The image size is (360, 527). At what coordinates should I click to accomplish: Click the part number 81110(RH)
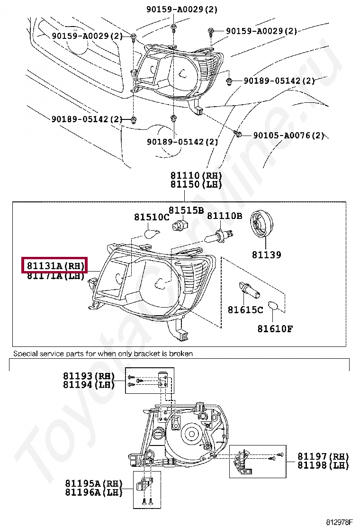(196, 176)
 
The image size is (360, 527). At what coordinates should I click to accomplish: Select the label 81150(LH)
(196, 185)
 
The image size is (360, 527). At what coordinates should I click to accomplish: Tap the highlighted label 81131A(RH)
(55, 265)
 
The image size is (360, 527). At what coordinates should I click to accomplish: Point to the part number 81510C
(151, 217)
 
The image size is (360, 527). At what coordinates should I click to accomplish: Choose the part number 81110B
(225, 216)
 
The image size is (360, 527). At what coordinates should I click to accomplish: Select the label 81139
(266, 255)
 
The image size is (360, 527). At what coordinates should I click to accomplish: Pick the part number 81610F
(275, 328)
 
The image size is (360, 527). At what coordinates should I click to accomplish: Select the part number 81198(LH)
(323, 465)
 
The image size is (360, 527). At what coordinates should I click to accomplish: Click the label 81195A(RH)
(93, 484)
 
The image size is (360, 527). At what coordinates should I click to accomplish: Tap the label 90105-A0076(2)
(288, 136)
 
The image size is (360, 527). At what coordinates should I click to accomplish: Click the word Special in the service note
(25, 354)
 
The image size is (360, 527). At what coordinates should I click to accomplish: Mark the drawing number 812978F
(339, 522)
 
